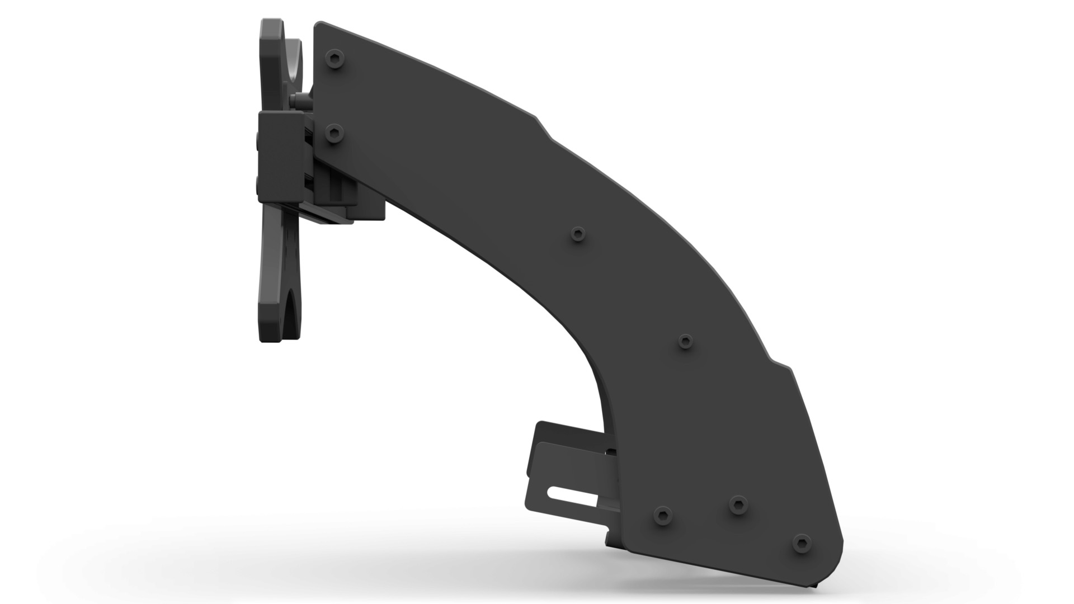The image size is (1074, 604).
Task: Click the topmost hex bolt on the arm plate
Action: (x=335, y=58)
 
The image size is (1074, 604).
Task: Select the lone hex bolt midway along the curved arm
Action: (x=578, y=233)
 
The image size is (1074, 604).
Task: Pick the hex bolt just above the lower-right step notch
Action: (x=685, y=341)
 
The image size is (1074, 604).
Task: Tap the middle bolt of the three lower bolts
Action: (x=738, y=504)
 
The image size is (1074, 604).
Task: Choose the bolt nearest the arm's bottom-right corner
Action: (x=802, y=543)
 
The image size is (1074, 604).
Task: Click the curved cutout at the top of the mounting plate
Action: (x=293, y=62)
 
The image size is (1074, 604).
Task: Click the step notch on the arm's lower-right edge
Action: (x=780, y=364)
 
